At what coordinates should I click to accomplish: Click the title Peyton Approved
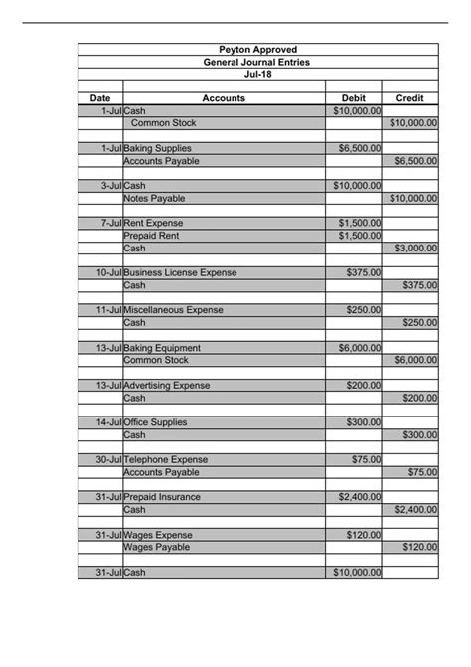256,50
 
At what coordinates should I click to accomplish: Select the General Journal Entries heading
256,62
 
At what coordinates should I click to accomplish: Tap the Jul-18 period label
256,74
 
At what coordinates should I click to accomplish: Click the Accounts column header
224,98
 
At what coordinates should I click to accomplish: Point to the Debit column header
354,98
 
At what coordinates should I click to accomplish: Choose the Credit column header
409,98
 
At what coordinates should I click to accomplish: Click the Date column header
100,98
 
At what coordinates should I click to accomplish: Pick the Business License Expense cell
180,272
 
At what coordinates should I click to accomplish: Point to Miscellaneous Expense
173,310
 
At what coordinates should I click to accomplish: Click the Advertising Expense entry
167,385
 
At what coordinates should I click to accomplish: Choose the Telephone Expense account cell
165,459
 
